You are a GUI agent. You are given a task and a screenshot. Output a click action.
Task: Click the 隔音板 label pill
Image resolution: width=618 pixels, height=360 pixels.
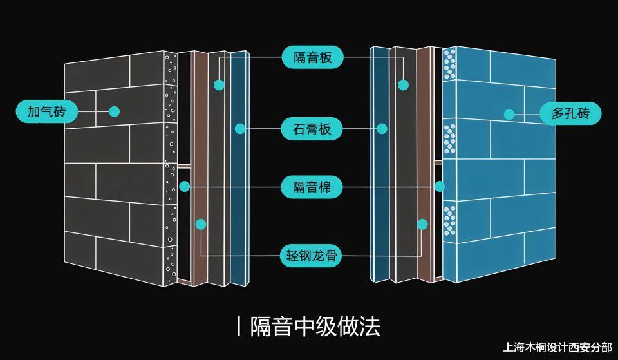pos(313,57)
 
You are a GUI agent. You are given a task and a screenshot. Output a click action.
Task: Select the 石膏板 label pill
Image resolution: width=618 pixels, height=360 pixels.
pos(312,129)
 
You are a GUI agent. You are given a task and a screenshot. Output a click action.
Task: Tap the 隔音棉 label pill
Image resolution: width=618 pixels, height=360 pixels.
pos(312,187)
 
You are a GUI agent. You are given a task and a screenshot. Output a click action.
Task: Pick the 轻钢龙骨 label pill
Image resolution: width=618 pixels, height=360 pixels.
pos(312,256)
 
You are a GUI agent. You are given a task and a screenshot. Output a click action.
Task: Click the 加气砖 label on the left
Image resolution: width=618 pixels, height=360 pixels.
pos(47,111)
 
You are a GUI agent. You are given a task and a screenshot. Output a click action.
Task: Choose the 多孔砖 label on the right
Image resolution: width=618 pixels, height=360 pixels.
pos(570,113)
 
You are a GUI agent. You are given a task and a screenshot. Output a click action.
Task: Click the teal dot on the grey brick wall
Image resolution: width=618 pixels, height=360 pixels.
pos(115,111)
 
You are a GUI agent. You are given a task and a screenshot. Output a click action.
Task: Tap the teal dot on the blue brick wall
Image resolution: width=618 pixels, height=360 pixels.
pos(509,115)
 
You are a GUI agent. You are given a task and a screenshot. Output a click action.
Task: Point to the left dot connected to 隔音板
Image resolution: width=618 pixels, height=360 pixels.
pos(219,85)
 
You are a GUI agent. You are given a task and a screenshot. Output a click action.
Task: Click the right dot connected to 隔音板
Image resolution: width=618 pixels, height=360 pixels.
pos(403,85)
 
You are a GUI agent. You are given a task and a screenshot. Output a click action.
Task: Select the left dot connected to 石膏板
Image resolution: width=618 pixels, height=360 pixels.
pos(240,129)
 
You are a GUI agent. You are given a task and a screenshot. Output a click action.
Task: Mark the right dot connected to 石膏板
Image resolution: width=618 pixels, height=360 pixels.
pos(382,129)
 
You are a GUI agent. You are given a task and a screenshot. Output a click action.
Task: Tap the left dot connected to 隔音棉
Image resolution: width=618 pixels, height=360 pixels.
pos(185,187)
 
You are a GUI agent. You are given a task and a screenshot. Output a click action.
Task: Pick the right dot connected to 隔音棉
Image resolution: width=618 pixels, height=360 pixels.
pos(440,187)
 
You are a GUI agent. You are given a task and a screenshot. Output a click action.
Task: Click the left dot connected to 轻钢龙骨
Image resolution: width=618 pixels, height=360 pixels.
pos(201,224)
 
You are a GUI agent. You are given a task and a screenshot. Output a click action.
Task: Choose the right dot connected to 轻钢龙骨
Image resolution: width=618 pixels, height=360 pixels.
pos(422,224)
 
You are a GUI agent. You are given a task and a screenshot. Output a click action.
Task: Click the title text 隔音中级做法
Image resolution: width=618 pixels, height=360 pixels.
pos(315,327)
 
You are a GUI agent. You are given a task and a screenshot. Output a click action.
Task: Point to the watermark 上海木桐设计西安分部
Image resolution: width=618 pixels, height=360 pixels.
pos(557,347)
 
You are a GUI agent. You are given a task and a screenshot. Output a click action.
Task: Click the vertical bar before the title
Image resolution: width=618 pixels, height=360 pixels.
pos(239,327)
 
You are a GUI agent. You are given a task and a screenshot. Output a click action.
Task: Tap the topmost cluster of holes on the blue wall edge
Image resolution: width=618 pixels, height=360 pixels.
pos(450,64)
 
